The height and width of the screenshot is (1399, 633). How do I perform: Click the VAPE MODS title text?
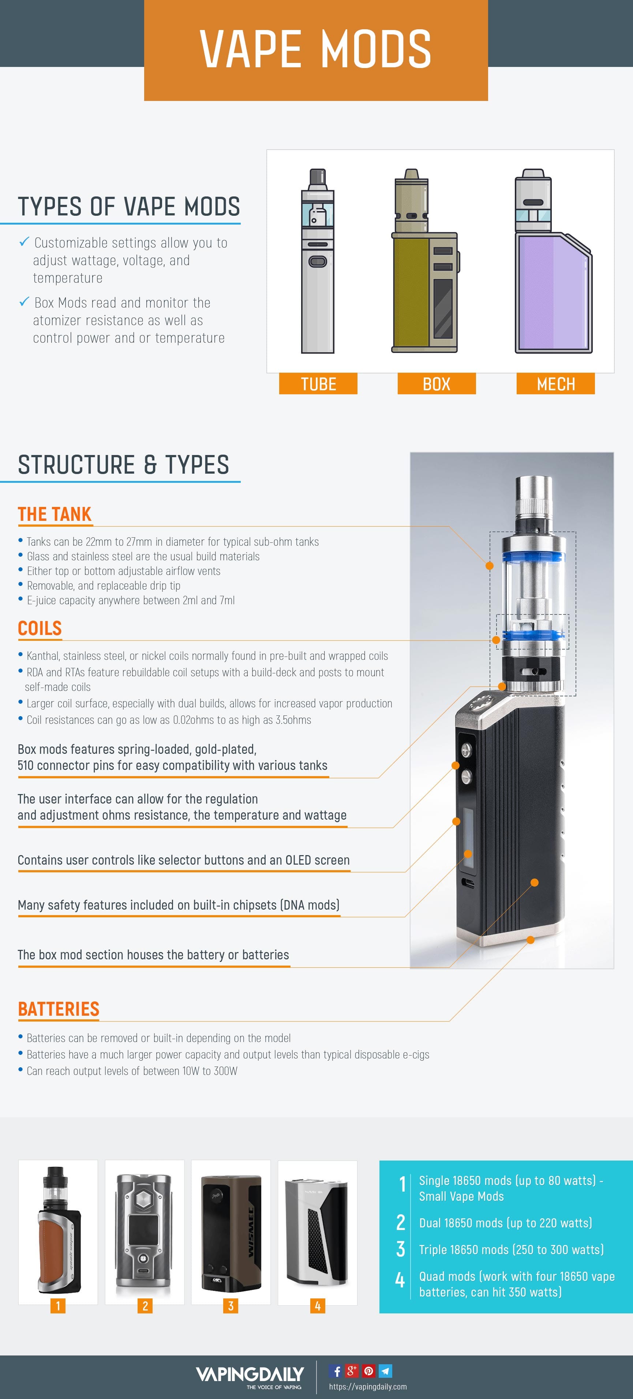(x=316, y=49)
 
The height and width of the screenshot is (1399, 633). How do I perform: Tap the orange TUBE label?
(x=318, y=384)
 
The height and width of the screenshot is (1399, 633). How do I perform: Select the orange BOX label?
(x=436, y=384)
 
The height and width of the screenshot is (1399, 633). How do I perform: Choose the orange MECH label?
(x=555, y=384)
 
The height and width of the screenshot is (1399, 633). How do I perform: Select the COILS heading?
(x=40, y=628)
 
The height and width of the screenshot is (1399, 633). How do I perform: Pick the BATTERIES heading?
(x=59, y=1009)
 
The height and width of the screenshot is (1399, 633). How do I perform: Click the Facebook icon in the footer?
(x=336, y=1371)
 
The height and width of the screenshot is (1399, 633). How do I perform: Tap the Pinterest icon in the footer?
(x=368, y=1371)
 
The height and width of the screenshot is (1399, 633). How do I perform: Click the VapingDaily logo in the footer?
(x=250, y=1375)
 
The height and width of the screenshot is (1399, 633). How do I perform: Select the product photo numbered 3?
(x=231, y=1232)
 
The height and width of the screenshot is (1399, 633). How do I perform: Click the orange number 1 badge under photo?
(x=57, y=1306)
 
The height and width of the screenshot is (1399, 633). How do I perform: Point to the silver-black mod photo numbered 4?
(x=317, y=1232)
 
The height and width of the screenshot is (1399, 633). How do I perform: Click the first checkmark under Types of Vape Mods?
(x=24, y=242)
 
